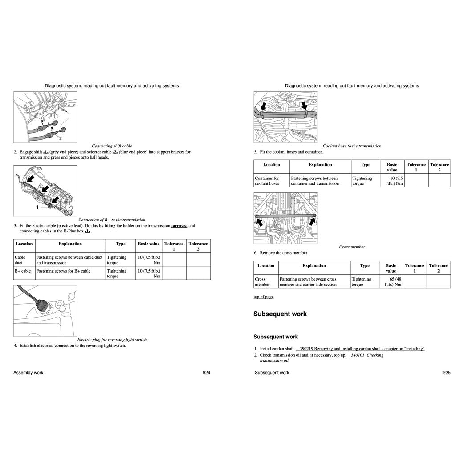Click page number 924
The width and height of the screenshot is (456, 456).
click(206, 373)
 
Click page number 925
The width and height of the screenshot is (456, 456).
click(447, 373)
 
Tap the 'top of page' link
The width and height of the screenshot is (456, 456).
click(264, 297)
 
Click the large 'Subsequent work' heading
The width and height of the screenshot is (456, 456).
click(280, 314)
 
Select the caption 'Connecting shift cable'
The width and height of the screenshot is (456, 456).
click(112, 146)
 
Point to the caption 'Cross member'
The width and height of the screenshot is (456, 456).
click(352, 247)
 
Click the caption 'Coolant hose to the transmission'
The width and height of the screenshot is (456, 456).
click(352, 146)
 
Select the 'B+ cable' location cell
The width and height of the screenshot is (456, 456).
click(23, 271)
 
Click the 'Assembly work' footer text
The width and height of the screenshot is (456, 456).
click(28, 373)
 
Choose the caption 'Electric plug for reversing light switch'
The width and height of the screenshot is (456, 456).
click(112, 339)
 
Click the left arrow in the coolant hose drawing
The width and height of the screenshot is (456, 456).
click(264, 106)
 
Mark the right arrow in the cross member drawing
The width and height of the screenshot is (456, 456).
click(312, 221)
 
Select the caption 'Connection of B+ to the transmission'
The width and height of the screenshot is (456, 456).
click(112, 220)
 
